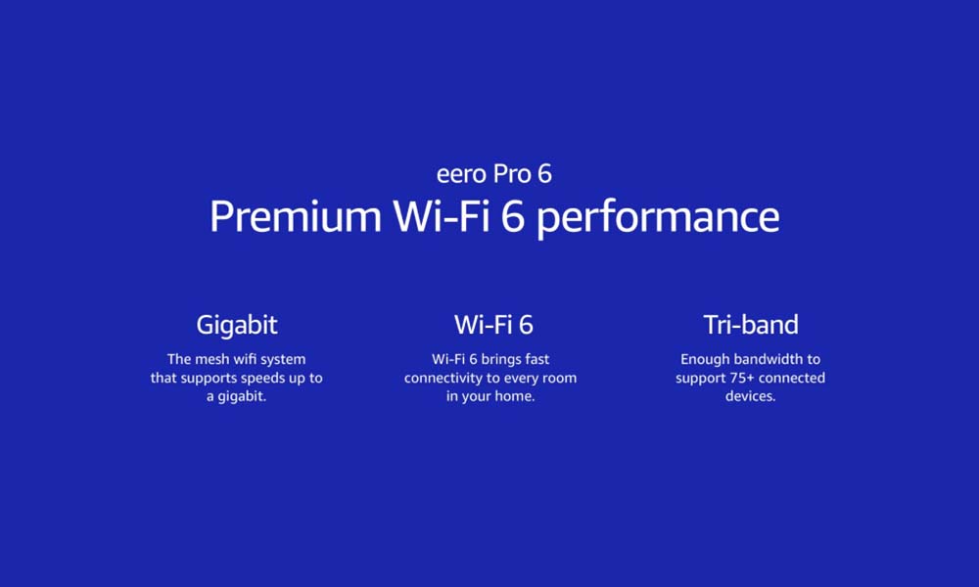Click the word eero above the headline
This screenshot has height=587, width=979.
pyautogui.click(x=461, y=175)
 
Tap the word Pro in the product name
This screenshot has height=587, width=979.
pyautogui.click(x=512, y=174)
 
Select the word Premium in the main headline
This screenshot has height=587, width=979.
pyautogui.click(x=296, y=216)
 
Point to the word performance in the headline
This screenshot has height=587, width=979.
pyautogui.click(x=658, y=218)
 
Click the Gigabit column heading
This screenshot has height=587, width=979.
pyautogui.click(x=237, y=326)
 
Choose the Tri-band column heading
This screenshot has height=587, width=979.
pyautogui.click(x=751, y=325)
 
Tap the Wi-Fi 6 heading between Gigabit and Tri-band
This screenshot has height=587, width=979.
pyautogui.click(x=493, y=325)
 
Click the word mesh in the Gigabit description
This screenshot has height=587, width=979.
pyautogui.click(x=212, y=359)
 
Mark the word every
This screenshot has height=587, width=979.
pyautogui.click(x=521, y=379)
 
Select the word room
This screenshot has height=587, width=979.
pyautogui.click(x=559, y=378)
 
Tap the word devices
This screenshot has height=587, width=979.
pyautogui.click(x=750, y=396)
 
